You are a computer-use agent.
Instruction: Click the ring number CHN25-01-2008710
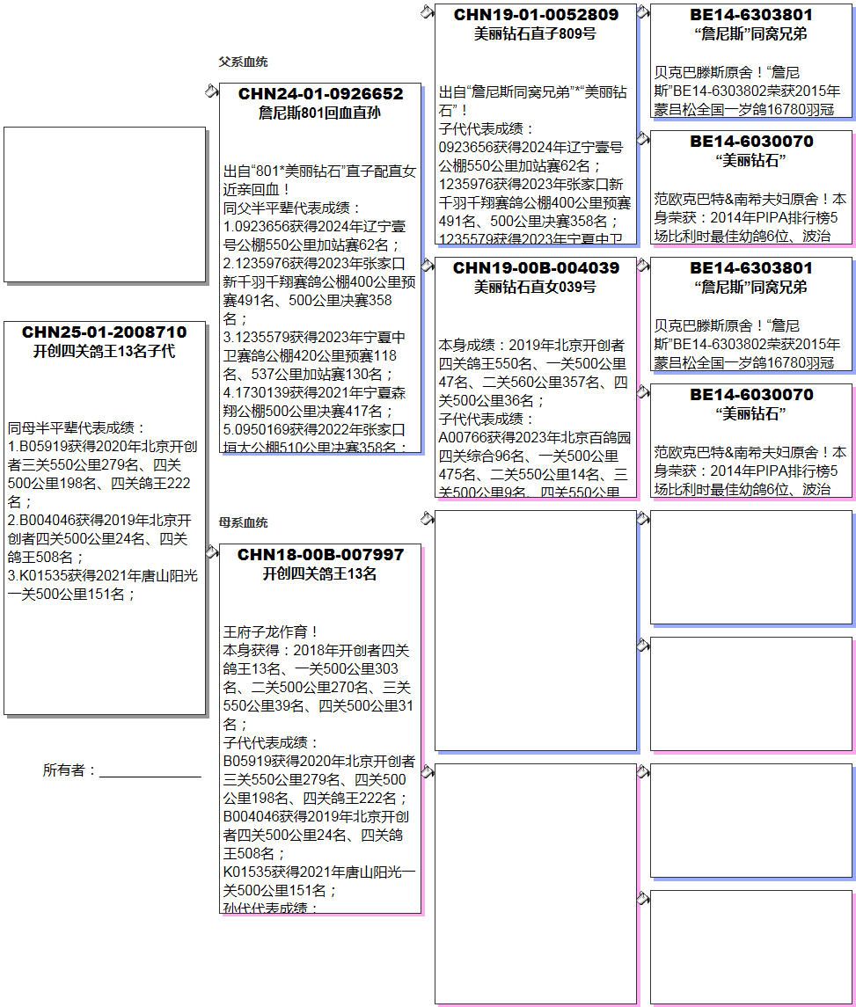[104, 332]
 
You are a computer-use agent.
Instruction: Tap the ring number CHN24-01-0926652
[320, 94]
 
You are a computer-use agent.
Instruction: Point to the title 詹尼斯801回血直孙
[320, 113]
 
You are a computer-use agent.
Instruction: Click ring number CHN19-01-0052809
[536, 15]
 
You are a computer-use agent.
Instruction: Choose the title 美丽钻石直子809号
[536, 33]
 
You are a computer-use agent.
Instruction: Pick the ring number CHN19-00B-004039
[536, 268]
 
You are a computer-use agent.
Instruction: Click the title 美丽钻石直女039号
[536, 287]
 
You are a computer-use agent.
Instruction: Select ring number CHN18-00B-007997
[320, 555]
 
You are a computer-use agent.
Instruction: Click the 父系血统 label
[243, 62]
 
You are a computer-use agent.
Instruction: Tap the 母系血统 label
[243, 522]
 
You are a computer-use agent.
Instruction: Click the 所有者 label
[69, 770]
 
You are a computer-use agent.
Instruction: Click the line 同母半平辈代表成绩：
[70, 427]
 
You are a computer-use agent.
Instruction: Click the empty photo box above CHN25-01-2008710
[104, 204]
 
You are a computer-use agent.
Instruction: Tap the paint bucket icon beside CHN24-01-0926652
[211, 91]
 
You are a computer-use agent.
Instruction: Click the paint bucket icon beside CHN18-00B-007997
[211, 551]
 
